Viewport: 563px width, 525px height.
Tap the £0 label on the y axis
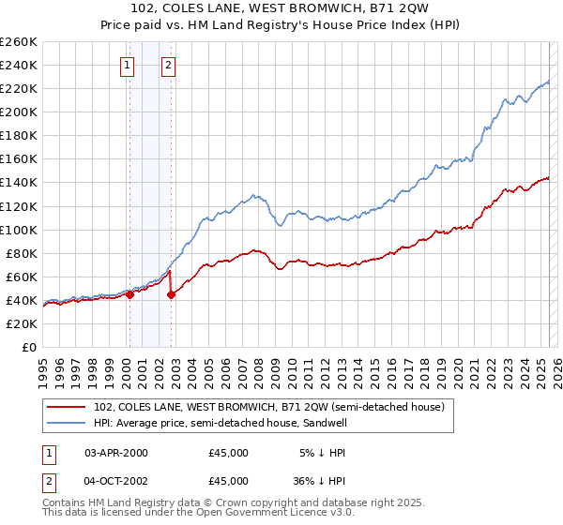(x=28, y=347)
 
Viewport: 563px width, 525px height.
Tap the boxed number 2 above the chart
(x=168, y=66)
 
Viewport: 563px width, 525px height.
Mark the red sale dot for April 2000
(x=129, y=294)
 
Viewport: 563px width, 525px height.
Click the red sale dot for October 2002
(x=172, y=294)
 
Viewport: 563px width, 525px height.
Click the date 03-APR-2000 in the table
(x=116, y=453)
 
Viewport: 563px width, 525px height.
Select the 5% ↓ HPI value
(x=324, y=453)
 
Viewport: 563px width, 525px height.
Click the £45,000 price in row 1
(x=229, y=453)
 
